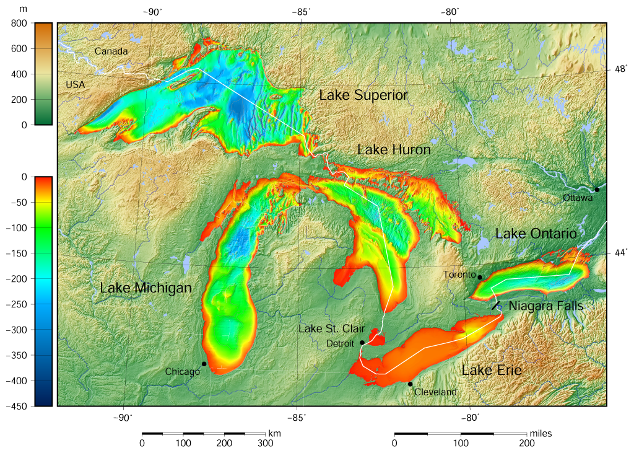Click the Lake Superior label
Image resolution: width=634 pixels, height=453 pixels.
(x=363, y=95)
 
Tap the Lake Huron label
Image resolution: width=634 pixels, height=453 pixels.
(x=394, y=150)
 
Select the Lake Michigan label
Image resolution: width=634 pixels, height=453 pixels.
(x=145, y=288)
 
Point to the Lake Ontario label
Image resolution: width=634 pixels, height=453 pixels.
(x=536, y=234)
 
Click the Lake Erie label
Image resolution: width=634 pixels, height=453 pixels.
(x=492, y=371)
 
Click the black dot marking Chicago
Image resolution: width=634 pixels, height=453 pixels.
(x=204, y=364)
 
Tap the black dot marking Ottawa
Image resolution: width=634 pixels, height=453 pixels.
(x=597, y=190)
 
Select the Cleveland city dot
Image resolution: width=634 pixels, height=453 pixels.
(x=410, y=384)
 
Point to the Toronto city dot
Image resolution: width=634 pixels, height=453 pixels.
(x=480, y=277)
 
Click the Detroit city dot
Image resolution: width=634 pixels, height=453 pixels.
(x=362, y=342)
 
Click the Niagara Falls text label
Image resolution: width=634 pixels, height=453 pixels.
(x=545, y=306)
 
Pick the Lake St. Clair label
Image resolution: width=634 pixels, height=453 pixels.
(x=331, y=328)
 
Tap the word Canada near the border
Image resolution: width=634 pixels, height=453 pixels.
(x=111, y=51)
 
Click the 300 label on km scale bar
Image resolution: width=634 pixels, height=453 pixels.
(x=265, y=443)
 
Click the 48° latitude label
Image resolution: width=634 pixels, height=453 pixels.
(x=619, y=70)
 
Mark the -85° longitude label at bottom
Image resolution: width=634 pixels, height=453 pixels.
(x=297, y=417)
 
